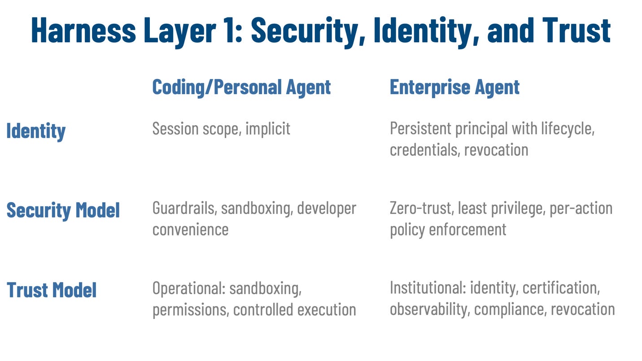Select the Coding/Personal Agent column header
(241, 87)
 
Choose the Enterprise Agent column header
(454, 87)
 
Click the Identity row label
(36, 131)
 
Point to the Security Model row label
(63, 210)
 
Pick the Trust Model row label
(52, 290)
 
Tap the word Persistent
(420, 129)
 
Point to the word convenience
(190, 230)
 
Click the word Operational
(188, 288)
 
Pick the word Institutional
(427, 288)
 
